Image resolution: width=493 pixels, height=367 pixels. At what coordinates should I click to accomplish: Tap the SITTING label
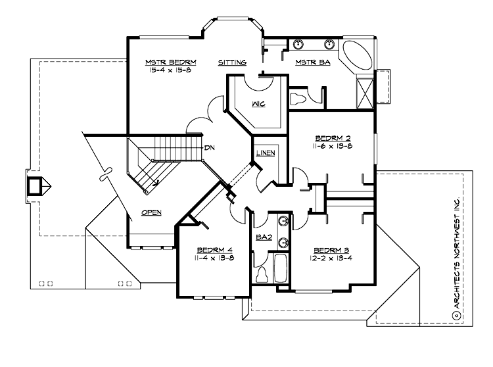click(232, 63)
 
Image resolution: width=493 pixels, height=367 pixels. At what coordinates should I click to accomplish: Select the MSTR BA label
click(308, 63)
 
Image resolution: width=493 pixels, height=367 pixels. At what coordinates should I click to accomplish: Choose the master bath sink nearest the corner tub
click(330, 45)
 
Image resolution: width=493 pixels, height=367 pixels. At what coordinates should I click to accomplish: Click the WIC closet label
click(258, 103)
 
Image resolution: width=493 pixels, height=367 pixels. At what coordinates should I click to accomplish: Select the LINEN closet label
click(266, 153)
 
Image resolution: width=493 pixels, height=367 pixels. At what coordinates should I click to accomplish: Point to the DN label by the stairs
click(210, 147)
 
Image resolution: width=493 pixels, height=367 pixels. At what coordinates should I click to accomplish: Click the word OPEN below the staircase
click(151, 212)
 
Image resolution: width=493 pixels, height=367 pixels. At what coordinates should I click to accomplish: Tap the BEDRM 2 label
click(332, 138)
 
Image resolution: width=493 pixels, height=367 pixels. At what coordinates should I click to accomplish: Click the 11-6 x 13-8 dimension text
click(332, 147)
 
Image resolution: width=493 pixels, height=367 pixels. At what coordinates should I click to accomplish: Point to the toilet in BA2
click(262, 272)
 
